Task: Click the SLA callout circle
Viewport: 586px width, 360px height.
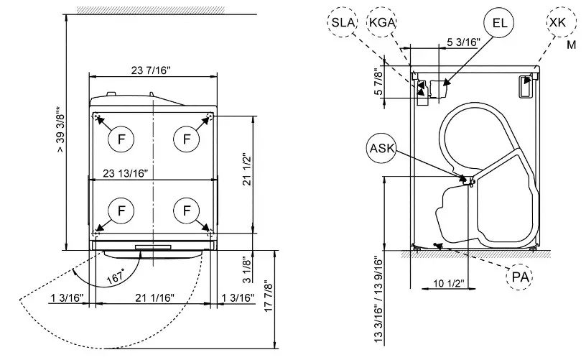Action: pos(343,22)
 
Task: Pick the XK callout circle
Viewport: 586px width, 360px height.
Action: pos(557,22)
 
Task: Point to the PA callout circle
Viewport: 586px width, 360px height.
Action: pos(519,276)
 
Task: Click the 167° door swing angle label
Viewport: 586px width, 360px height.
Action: pos(115,275)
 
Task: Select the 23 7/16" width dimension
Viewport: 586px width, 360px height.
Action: pos(151,70)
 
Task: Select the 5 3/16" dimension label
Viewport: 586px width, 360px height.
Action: pos(463,42)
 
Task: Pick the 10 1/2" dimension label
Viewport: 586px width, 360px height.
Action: pos(449,282)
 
